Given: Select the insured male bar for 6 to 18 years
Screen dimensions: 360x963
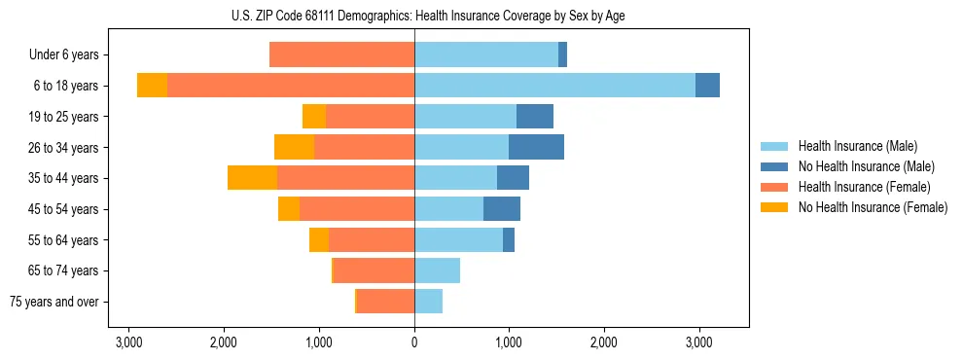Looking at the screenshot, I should point(554,86).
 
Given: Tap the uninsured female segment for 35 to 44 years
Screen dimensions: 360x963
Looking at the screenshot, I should point(252,178).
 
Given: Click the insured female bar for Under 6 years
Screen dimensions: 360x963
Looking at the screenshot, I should point(341,54).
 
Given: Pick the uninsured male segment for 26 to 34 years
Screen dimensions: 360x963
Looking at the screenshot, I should point(536,147).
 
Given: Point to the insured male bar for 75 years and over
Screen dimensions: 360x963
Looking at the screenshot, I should point(428,302).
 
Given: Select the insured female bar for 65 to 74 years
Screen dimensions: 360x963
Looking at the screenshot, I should point(374,270).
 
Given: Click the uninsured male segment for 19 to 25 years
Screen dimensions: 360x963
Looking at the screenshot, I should point(534,117).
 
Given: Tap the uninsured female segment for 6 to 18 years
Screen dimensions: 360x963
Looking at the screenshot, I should point(152,86).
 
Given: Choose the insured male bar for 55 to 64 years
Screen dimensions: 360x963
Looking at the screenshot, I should point(458,239).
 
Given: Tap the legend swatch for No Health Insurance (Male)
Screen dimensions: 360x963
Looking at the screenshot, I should point(774,166).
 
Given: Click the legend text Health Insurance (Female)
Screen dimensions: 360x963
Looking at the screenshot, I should point(864,187).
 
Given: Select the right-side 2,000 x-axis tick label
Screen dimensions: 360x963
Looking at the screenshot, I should point(604,342).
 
